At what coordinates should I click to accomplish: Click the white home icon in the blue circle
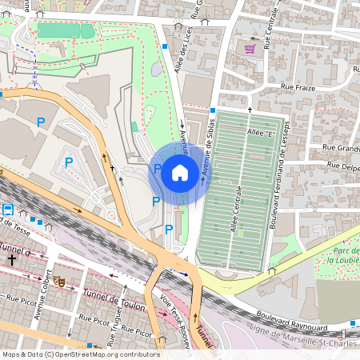click(x=179, y=171)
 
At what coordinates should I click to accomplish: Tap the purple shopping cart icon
click(x=250, y=48)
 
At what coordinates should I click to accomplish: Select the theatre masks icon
click(x=58, y=281)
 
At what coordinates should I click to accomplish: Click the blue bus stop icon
click(x=8, y=210)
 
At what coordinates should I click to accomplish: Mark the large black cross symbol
click(x=12, y=260)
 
